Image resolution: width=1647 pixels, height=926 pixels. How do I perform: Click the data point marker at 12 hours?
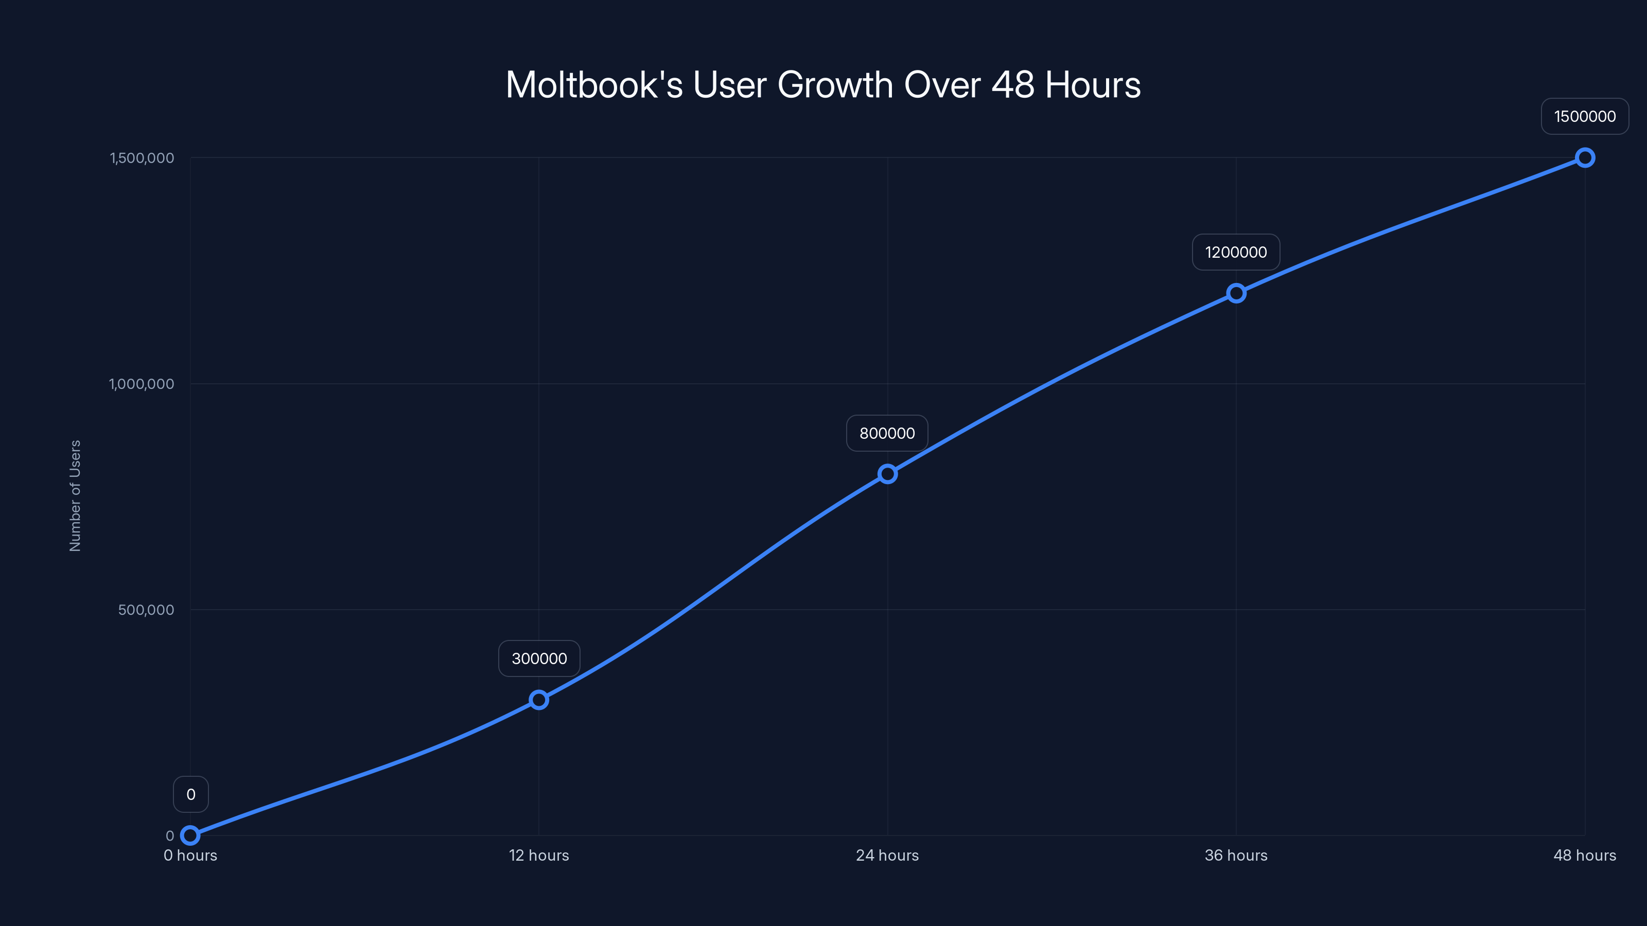(539, 700)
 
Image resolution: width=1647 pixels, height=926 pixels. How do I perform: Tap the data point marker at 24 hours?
(887, 473)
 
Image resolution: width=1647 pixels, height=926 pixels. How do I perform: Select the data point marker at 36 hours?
(1236, 293)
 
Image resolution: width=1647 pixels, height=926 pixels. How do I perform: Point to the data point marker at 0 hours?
(190, 835)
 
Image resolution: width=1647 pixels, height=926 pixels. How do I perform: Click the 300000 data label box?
(539, 658)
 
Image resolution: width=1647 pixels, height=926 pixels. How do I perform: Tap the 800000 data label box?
(887, 433)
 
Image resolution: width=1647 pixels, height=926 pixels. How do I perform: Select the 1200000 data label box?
(1236, 253)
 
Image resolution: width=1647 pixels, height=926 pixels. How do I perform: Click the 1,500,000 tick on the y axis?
(142, 158)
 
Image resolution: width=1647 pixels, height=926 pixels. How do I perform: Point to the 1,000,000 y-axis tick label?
(142, 384)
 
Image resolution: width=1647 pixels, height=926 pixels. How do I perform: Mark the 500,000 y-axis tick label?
(146, 610)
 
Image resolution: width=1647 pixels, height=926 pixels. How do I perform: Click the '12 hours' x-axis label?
(539, 855)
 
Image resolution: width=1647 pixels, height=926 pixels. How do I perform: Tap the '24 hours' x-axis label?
(887, 855)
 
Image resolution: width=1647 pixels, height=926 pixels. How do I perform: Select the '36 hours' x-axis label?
(1236, 855)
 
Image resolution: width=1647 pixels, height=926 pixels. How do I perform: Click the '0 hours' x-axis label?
(190, 855)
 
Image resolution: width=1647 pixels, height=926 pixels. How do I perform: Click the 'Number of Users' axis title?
(76, 496)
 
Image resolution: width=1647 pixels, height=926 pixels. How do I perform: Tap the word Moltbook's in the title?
(594, 85)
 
